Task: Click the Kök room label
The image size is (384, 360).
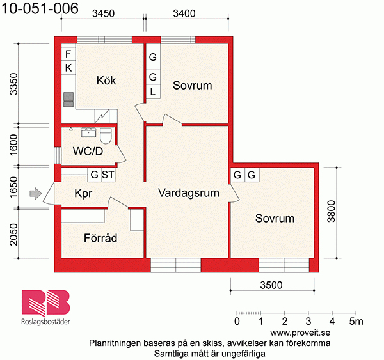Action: [x=106, y=81]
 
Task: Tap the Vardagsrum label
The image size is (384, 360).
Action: [x=189, y=193]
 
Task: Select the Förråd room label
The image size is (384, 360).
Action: [x=100, y=238]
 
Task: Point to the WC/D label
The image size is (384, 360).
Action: [x=88, y=152]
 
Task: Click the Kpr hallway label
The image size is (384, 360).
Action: [x=83, y=193]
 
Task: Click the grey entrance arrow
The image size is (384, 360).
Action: [x=35, y=193]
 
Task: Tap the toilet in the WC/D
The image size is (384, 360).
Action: [x=106, y=136]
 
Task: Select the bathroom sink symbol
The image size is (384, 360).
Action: [x=88, y=132]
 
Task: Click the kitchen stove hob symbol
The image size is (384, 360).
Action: [x=68, y=100]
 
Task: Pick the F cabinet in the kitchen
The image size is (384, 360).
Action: [x=68, y=54]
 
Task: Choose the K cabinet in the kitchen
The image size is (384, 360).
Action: [x=68, y=68]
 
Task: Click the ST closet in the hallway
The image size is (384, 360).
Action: [x=108, y=175]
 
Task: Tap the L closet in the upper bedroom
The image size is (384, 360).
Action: [x=153, y=92]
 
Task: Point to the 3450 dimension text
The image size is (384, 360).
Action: [x=103, y=13]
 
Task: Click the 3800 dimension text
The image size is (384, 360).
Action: [x=331, y=211]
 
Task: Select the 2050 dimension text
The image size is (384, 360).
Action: [x=13, y=235]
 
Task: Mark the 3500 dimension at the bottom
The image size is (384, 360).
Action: [x=271, y=285]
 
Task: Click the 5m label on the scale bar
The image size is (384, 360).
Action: [x=356, y=321]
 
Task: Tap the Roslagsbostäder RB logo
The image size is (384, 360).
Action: [x=46, y=307]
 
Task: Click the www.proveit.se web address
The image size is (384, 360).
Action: [x=300, y=333]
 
